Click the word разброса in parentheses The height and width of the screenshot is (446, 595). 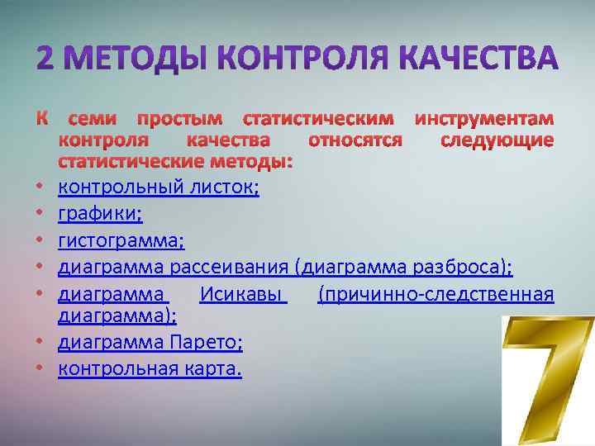tap(458, 268)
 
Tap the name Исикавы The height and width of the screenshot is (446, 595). tap(243, 294)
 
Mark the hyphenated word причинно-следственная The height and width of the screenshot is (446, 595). tap(436, 294)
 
